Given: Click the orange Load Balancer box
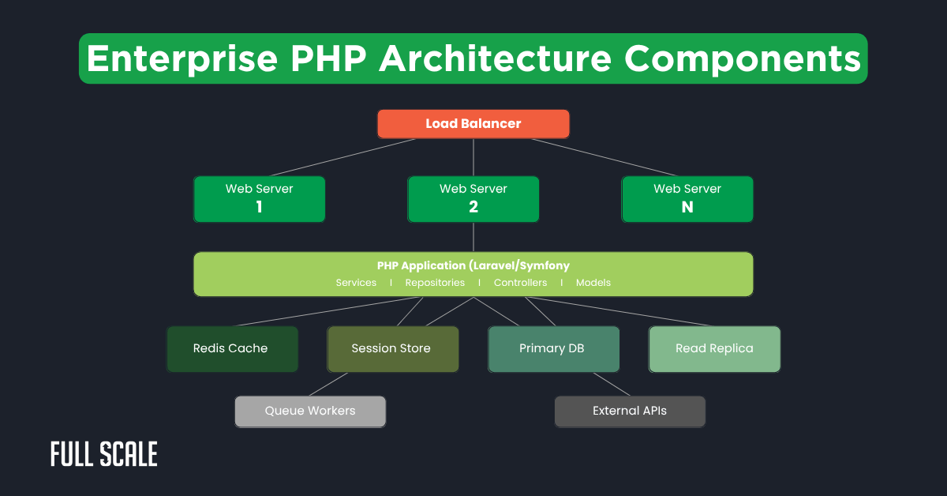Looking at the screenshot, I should (x=473, y=124).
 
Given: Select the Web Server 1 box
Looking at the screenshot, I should (x=259, y=198).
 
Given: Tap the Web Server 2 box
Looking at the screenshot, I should (x=473, y=198).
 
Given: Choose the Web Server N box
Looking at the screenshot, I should (x=687, y=198).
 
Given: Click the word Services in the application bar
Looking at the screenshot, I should (x=356, y=283).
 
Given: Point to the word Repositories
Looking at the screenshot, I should (x=435, y=283).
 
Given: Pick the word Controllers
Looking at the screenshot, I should (x=520, y=283).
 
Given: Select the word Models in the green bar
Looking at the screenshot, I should (x=593, y=283).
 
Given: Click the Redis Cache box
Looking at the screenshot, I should (x=231, y=348).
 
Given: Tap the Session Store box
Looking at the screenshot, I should (x=392, y=348).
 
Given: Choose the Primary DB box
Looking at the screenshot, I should (x=552, y=348).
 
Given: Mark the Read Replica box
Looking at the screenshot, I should (x=714, y=348).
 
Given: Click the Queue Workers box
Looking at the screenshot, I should (x=310, y=411).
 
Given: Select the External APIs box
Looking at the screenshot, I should (x=629, y=411).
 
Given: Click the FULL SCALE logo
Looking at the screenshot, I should (x=104, y=454).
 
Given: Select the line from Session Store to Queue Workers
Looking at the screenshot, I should (x=329, y=384).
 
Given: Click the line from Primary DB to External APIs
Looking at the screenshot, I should (x=612, y=384).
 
